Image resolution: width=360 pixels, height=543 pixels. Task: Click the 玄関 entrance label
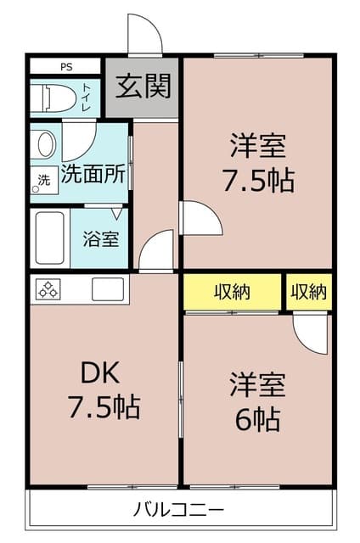(x=143, y=86)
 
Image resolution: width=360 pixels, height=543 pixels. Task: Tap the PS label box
(x=65, y=66)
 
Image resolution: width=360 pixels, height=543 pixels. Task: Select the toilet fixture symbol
(x=49, y=98)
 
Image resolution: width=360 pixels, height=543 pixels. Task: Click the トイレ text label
(x=87, y=98)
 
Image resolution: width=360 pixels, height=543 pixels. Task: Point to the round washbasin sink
(x=44, y=144)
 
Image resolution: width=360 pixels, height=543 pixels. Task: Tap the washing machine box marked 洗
(x=43, y=180)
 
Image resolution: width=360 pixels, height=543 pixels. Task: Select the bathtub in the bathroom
(x=52, y=238)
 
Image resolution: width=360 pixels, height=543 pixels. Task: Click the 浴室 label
(x=101, y=238)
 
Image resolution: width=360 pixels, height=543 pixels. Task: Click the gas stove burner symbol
(x=48, y=289)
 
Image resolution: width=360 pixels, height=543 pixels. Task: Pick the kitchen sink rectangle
(x=108, y=289)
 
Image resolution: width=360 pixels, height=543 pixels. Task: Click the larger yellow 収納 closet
(x=232, y=293)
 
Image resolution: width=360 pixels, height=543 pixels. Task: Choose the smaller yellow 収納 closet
(x=308, y=293)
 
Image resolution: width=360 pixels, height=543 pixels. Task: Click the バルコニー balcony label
(x=179, y=510)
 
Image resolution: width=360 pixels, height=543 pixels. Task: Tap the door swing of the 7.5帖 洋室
(x=200, y=219)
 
